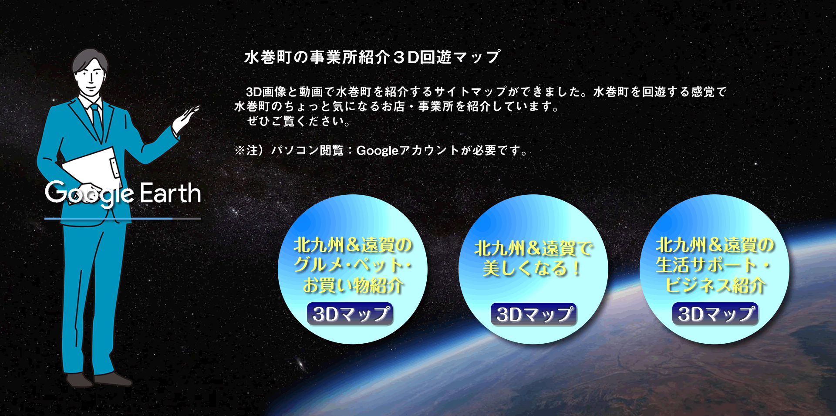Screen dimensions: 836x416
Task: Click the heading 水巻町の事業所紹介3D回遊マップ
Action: pyautogui.click(x=372, y=57)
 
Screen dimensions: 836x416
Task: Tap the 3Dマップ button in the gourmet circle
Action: pyautogui.click(x=350, y=314)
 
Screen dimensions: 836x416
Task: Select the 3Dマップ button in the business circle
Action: pyautogui.click(x=715, y=314)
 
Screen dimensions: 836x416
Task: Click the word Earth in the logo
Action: pyautogui.click(x=170, y=193)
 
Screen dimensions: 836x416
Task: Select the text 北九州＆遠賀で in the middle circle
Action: pyautogui.click(x=533, y=248)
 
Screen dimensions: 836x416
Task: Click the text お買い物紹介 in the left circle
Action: pyautogui.click(x=353, y=285)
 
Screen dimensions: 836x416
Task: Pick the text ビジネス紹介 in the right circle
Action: pyautogui.click(x=715, y=285)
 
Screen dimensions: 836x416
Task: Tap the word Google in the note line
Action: pyautogui.click(x=377, y=151)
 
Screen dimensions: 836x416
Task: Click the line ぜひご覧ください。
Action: pyautogui.click(x=299, y=121)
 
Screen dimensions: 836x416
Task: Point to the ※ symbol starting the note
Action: pyautogui.click(x=240, y=150)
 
